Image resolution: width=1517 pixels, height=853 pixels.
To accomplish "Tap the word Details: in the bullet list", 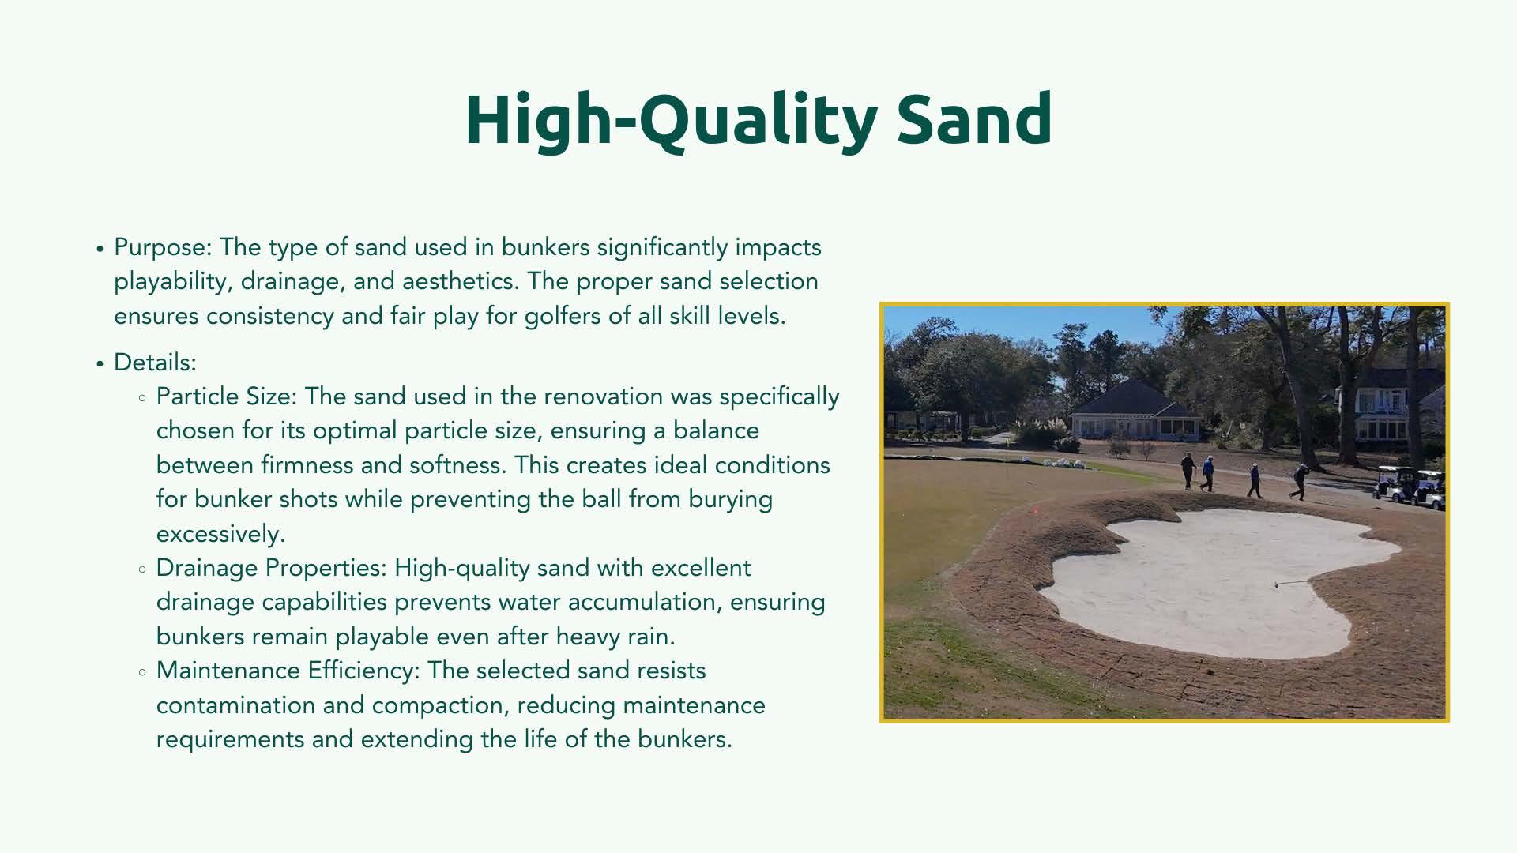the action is click(155, 363).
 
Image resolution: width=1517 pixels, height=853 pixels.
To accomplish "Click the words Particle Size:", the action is click(226, 396).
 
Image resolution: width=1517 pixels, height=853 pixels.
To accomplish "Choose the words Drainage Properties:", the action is click(272, 569).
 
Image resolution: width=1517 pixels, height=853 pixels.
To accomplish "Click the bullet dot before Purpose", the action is click(100, 249).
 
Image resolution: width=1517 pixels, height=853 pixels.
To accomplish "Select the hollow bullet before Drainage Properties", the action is click(142, 569).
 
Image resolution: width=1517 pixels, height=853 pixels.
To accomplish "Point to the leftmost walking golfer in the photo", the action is click(1188, 471).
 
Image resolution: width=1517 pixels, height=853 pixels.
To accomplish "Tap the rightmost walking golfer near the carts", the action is click(1299, 481).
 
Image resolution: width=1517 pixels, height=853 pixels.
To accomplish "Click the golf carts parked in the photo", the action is click(1410, 487).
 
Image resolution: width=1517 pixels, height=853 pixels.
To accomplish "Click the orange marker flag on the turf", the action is click(1035, 509).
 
